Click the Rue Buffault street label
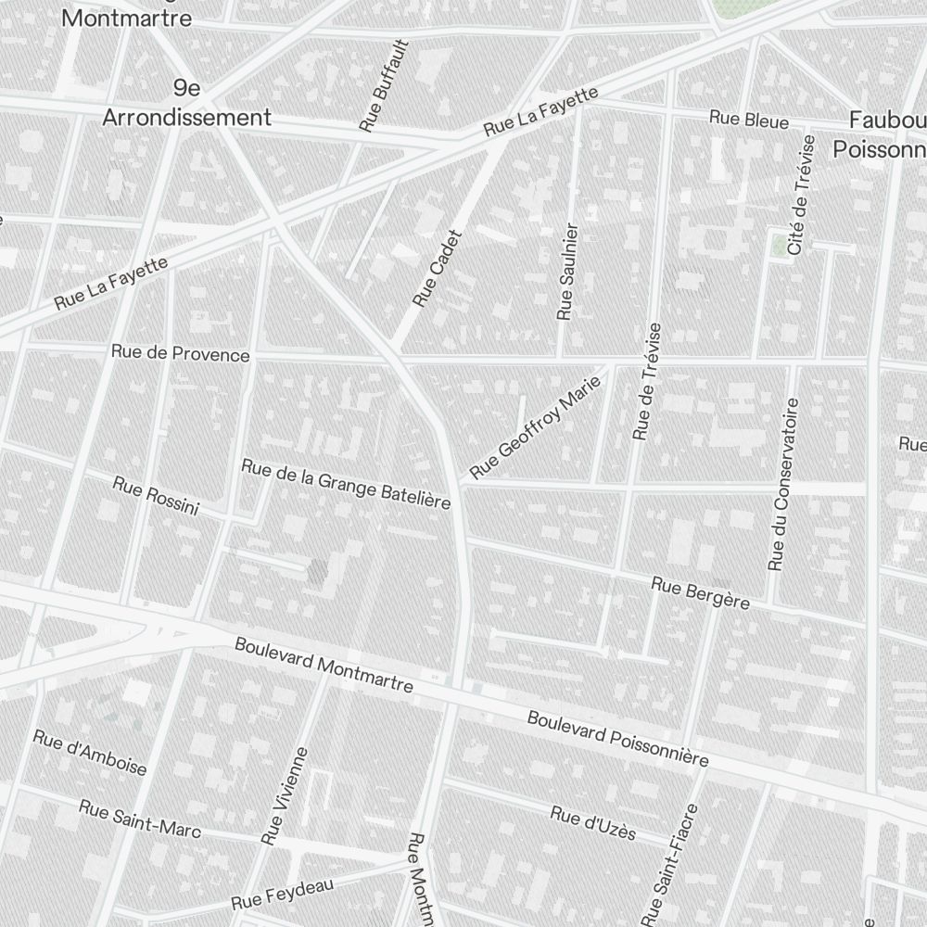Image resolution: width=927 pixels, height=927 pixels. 384,85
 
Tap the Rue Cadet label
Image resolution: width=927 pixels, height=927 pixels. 437,269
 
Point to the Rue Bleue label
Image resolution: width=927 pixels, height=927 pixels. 749,120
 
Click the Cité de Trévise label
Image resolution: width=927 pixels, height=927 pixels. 801,195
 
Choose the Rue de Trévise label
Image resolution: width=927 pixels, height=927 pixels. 647,381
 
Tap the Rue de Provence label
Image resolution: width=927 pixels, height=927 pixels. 180,353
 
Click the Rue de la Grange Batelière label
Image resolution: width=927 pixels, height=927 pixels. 346,483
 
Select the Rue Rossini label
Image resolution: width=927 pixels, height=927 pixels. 156,496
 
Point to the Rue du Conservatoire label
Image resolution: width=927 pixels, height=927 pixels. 783,484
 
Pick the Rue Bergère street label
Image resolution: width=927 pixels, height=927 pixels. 700,593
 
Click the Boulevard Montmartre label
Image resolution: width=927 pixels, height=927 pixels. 324,665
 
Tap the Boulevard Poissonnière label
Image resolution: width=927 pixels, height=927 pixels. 618,739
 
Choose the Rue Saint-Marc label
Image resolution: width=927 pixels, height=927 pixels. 140,819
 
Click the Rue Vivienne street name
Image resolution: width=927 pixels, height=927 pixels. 285,796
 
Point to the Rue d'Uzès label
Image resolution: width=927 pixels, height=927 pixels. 593,822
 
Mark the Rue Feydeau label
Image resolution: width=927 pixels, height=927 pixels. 282,894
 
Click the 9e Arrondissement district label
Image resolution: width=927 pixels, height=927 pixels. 186,103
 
